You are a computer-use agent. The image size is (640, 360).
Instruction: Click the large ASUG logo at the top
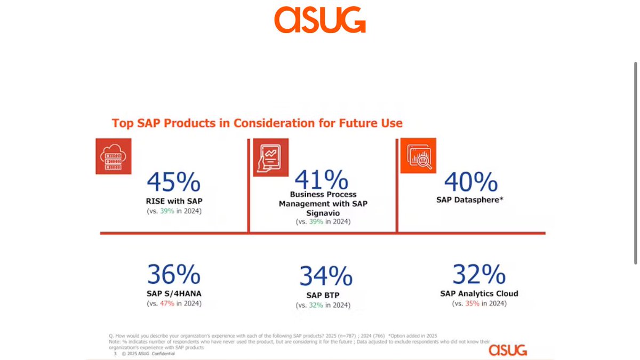click(x=320, y=20)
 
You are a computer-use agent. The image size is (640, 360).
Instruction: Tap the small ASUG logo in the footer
click(x=508, y=350)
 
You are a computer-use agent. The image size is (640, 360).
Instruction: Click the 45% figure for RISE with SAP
click(x=174, y=182)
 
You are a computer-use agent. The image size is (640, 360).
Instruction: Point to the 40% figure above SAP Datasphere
click(x=471, y=182)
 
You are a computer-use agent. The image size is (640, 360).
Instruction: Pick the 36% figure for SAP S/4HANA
click(x=174, y=275)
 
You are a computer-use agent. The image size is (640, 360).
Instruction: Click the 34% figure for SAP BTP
click(x=325, y=276)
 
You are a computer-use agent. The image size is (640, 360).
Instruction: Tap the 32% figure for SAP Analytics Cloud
click(x=479, y=274)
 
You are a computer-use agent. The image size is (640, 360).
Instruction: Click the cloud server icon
click(x=113, y=156)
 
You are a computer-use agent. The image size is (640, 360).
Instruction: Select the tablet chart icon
click(x=270, y=156)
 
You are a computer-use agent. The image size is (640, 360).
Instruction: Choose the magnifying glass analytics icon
click(x=418, y=156)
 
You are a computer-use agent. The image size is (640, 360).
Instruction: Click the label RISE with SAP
click(x=174, y=201)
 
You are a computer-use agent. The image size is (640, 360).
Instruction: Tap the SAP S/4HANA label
click(x=174, y=293)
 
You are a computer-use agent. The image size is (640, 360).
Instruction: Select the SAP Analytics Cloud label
click(x=479, y=293)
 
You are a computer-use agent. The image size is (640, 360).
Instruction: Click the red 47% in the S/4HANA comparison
click(x=167, y=303)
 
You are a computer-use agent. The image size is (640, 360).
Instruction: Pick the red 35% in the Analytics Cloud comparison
click(x=472, y=303)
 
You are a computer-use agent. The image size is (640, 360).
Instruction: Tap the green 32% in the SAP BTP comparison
click(x=316, y=306)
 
